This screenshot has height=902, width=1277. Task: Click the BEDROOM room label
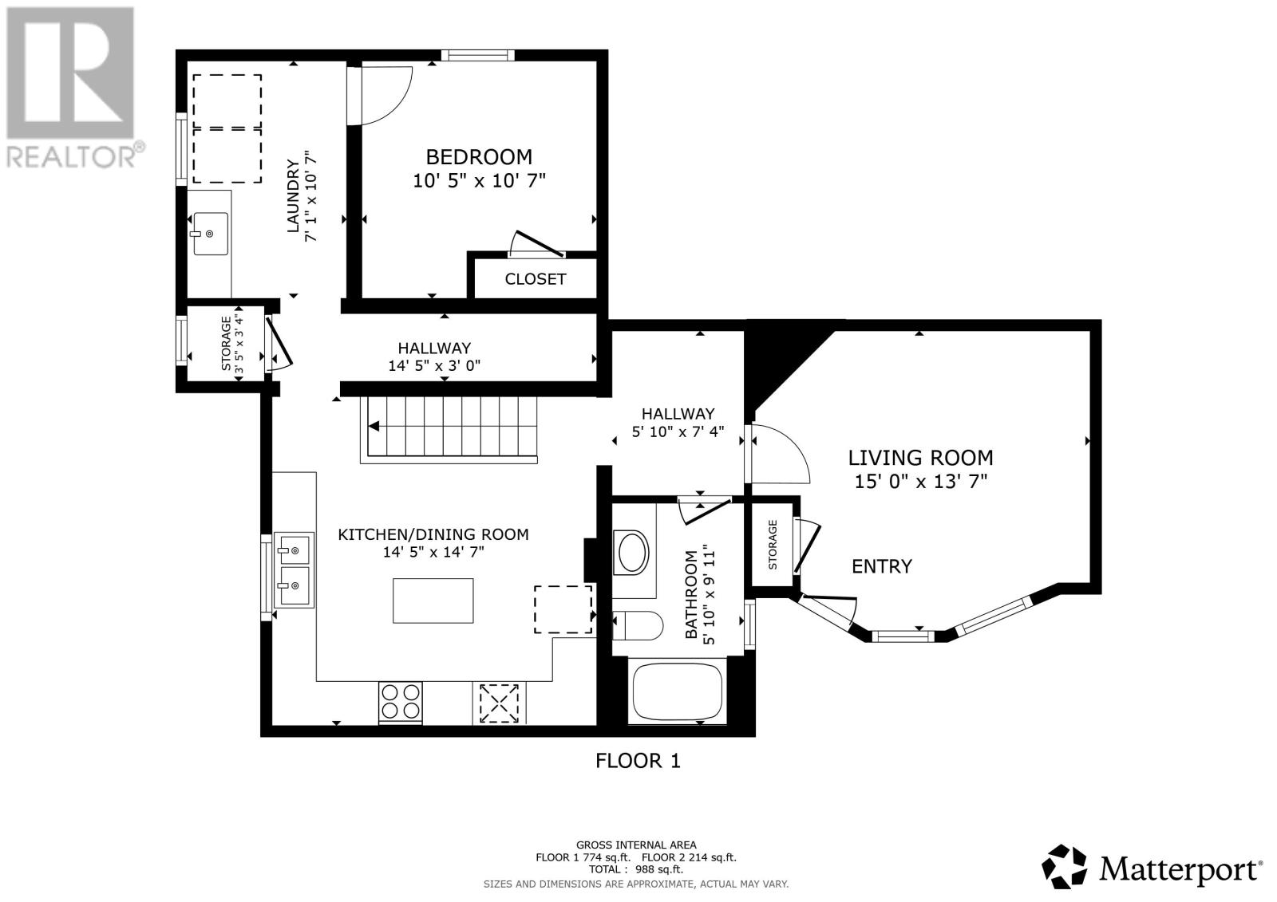[479, 156]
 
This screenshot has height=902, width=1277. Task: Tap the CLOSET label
[536, 278]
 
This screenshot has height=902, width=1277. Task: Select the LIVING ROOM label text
[920, 458]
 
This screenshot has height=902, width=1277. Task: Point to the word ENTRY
[882, 565]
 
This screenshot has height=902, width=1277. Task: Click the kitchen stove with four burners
[400, 702]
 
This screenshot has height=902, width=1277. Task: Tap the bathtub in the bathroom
[678, 691]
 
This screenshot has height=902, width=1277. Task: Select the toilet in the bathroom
[638, 625]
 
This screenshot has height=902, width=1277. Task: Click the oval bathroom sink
[632, 552]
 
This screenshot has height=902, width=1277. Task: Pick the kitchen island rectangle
[433, 601]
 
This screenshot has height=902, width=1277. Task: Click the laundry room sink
[211, 234]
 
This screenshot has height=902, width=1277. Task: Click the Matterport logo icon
[1064, 867]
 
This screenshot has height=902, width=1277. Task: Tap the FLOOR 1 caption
[638, 760]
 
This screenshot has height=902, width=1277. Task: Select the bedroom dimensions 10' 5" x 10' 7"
[479, 180]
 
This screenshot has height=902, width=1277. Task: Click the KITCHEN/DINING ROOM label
[433, 534]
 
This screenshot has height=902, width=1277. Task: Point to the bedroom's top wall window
[478, 55]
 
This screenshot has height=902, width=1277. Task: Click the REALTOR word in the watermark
[71, 157]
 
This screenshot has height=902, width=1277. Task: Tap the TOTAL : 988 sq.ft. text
[635, 869]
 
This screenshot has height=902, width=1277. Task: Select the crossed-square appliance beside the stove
[499, 703]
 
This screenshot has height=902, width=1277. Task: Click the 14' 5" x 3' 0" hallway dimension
[434, 365]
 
